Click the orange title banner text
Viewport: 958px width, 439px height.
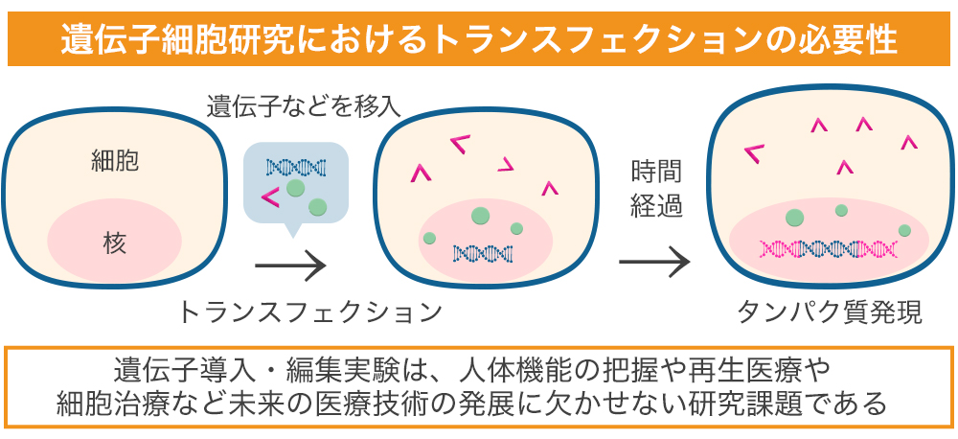pyautogui.click(x=478, y=39)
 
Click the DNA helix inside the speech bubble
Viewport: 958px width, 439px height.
pyautogui.click(x=296, y=167)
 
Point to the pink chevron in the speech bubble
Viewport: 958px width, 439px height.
pyautogui.click(x=271, y=198)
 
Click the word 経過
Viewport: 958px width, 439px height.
pyautogui.click(x=656, y=206)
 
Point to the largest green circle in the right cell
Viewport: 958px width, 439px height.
pyautogui.click(x=794, y=217)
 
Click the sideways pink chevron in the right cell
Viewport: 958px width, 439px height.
pyautogui.click(x=755, y=151)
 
